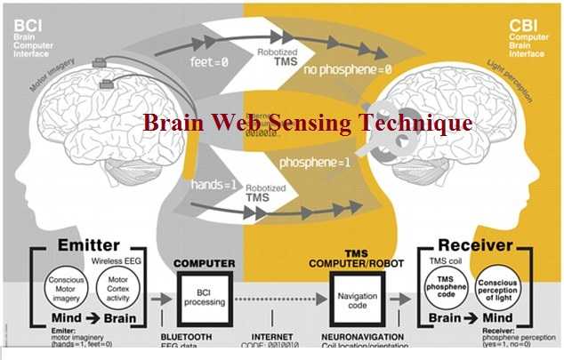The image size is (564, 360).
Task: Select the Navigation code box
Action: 355,297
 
